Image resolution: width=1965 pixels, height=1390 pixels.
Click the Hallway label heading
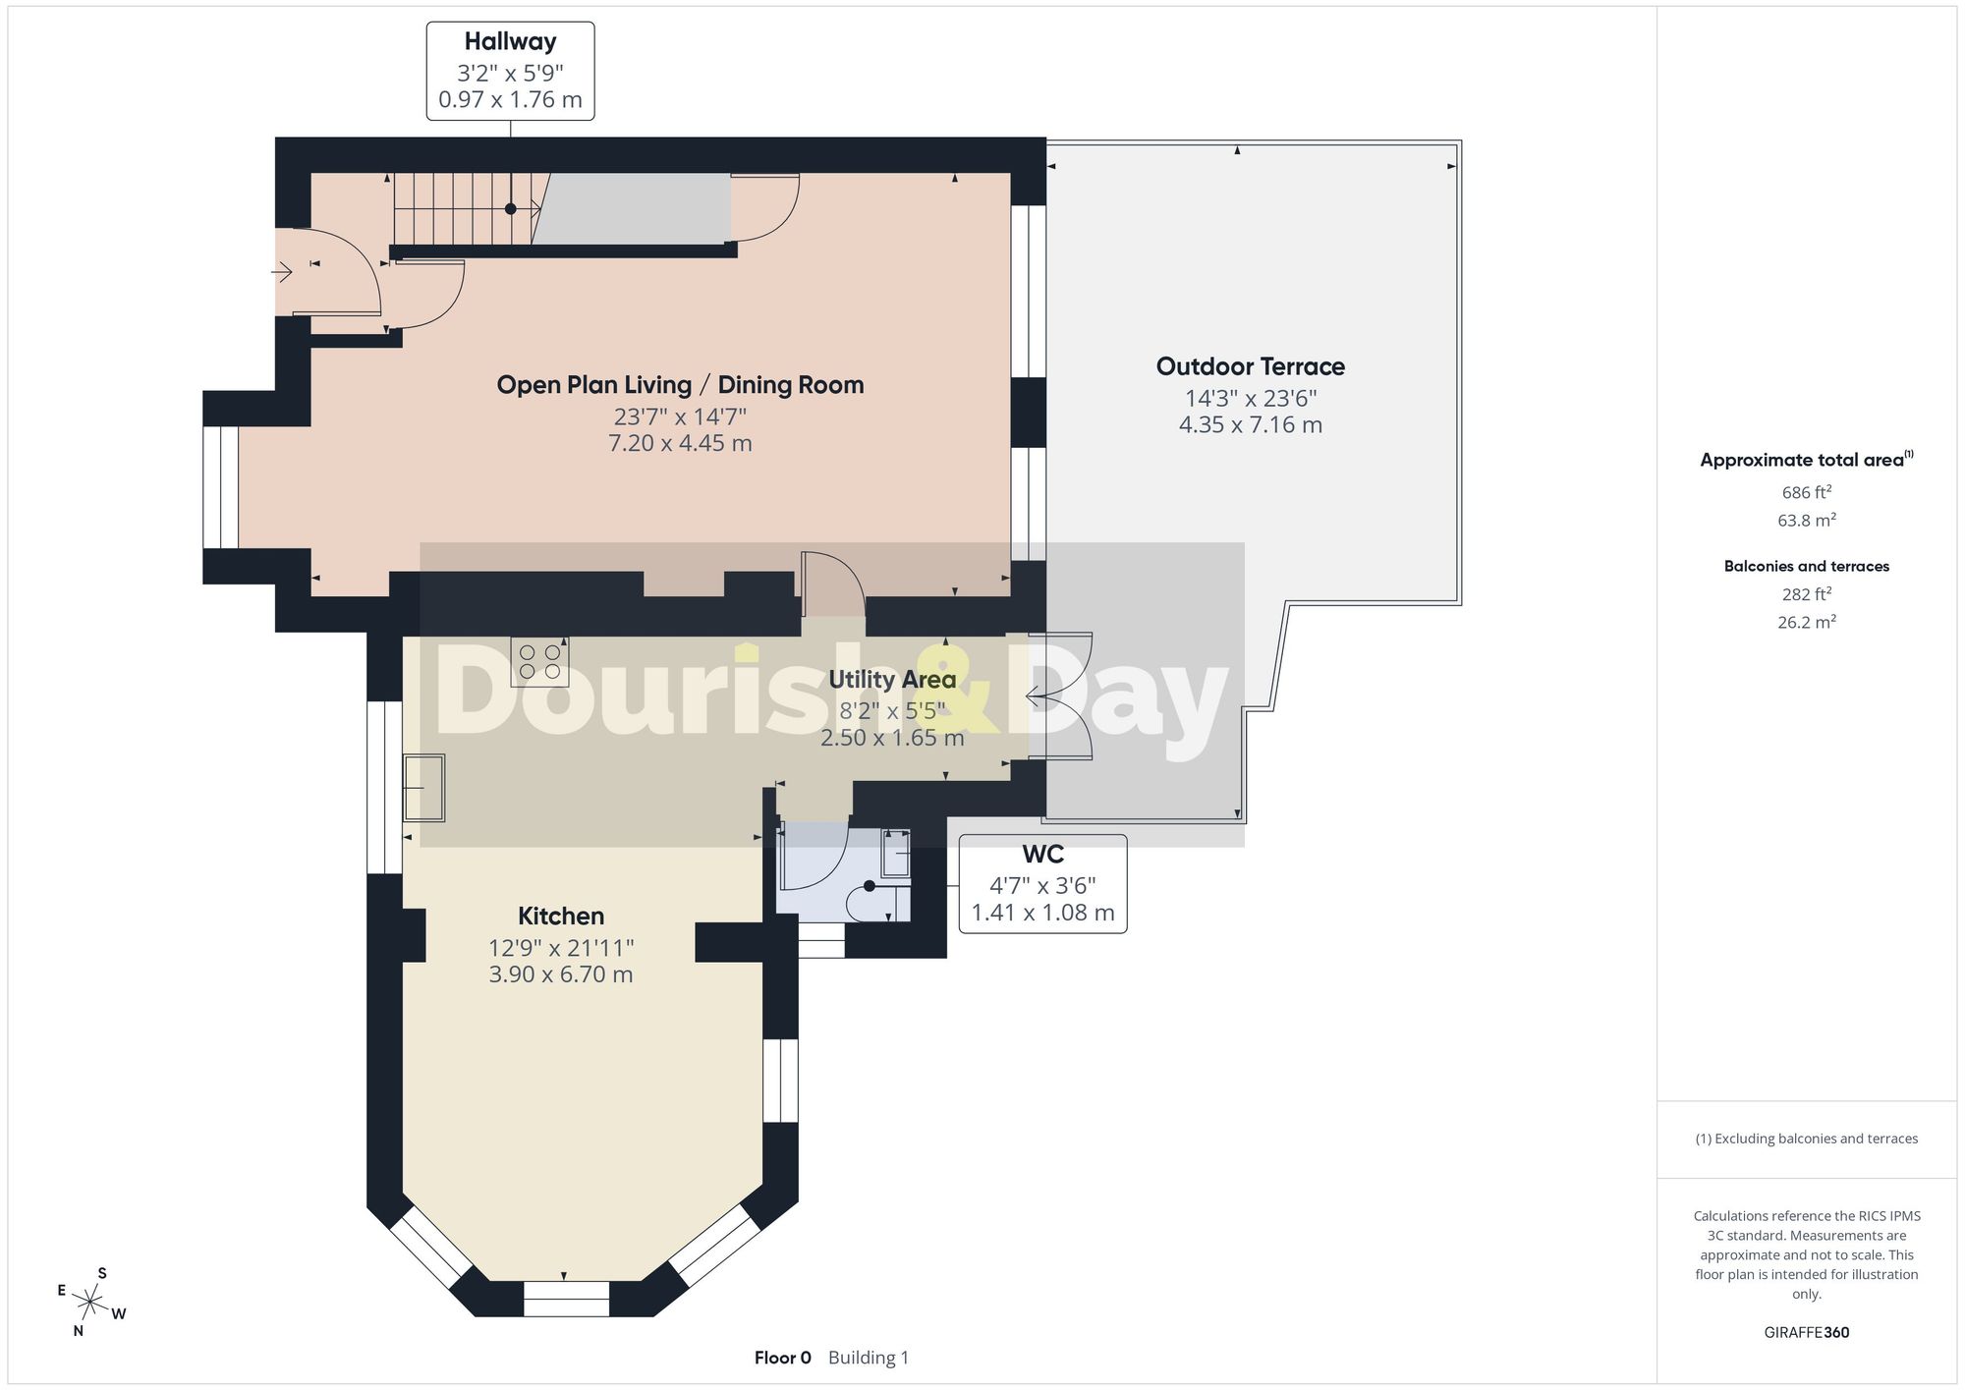point(510,42)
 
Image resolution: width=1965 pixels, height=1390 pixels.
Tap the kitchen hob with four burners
point(539,662)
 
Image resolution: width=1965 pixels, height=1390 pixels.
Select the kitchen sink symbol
point(423,788)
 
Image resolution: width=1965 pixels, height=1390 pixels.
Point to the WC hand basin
point(895,854)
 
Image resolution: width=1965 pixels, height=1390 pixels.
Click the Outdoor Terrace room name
point(1251,366)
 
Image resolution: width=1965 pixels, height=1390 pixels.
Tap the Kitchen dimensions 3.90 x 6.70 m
point(561,974)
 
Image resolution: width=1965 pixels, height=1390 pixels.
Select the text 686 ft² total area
point(1806,492)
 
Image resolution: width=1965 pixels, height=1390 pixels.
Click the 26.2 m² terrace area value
point(1806,621)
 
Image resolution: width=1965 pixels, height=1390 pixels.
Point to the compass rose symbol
point(90,1304)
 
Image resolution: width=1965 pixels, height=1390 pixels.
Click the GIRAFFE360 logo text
point(1806,1332)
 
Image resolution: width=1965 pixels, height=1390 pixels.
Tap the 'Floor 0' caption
point(783,1358)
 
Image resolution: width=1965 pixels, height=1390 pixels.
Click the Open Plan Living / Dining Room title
point(680,385)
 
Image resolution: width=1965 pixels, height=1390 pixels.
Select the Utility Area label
point(892,680)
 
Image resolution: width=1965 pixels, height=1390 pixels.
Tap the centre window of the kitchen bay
point(566,1299)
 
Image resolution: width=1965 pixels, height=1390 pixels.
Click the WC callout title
point(1042,854)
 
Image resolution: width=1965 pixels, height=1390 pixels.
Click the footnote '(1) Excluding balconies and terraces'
point(1806,1139)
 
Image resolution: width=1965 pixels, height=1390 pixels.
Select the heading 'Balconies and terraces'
point(1806,566)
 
